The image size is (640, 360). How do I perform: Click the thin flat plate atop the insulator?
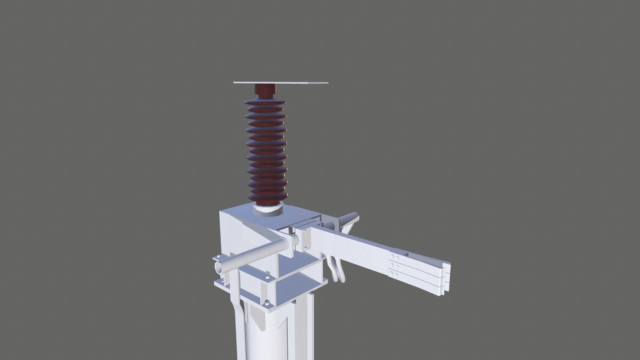tap(281, 82)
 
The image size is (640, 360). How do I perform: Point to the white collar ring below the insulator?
tap(268, 211)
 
